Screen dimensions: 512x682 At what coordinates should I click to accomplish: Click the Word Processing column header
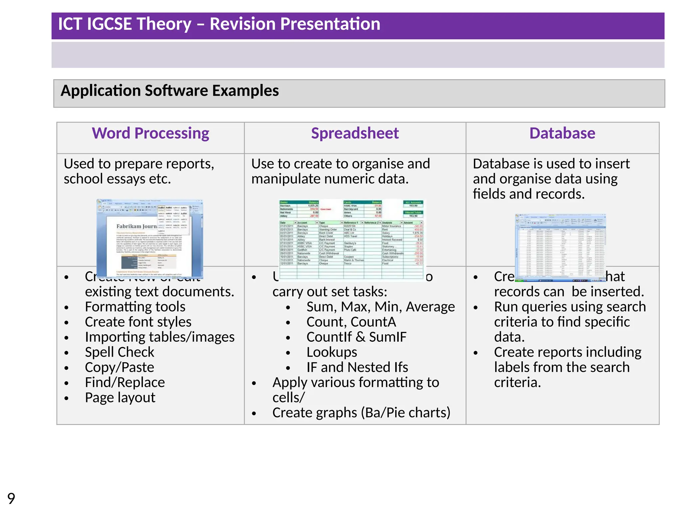(x=151, y=133)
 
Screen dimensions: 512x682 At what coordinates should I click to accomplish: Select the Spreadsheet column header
(x=355, y=133)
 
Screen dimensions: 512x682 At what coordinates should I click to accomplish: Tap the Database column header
(x=562, y=133)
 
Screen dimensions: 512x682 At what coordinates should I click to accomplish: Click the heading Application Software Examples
(x=170, y=91)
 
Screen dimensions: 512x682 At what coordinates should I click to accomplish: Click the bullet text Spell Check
(x=120, y=352)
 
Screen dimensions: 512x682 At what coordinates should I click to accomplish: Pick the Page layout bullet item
(x=120, y=398)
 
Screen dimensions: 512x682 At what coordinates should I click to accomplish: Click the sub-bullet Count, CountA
(x=351, y=322)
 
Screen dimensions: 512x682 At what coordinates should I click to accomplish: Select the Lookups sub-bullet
(x=332, y=352)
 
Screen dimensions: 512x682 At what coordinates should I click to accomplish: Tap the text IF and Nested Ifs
(x=357, y=367)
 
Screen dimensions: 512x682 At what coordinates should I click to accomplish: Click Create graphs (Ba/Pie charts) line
(x=361, y=413)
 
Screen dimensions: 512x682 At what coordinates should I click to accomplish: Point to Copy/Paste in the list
(x=119, y=367)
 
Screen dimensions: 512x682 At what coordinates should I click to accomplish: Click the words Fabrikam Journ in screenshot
(x=136, y=226)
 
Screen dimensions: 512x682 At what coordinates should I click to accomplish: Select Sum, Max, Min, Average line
(x=380, y=307)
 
